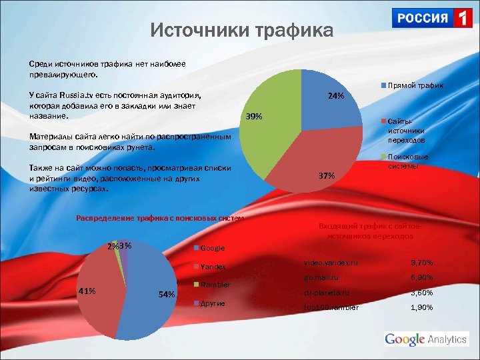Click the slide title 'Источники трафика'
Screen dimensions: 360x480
pos(241,31)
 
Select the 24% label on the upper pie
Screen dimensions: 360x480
pos(336,96)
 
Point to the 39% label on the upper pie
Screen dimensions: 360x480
pos(253,117)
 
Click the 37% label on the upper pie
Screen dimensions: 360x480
pos(327,176)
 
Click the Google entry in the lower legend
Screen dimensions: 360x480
pos(212,248)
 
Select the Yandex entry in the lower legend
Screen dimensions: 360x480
pos(213,267)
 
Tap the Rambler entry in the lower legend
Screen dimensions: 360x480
pos(215,285)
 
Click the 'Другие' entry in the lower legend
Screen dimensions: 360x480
pos(212,303)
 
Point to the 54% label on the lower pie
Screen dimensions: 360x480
pos(166,294)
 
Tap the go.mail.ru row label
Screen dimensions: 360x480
pos(321,277)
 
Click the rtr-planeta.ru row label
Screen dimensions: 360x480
pos(327,293)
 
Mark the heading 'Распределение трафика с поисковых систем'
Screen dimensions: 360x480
pos(161,218)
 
